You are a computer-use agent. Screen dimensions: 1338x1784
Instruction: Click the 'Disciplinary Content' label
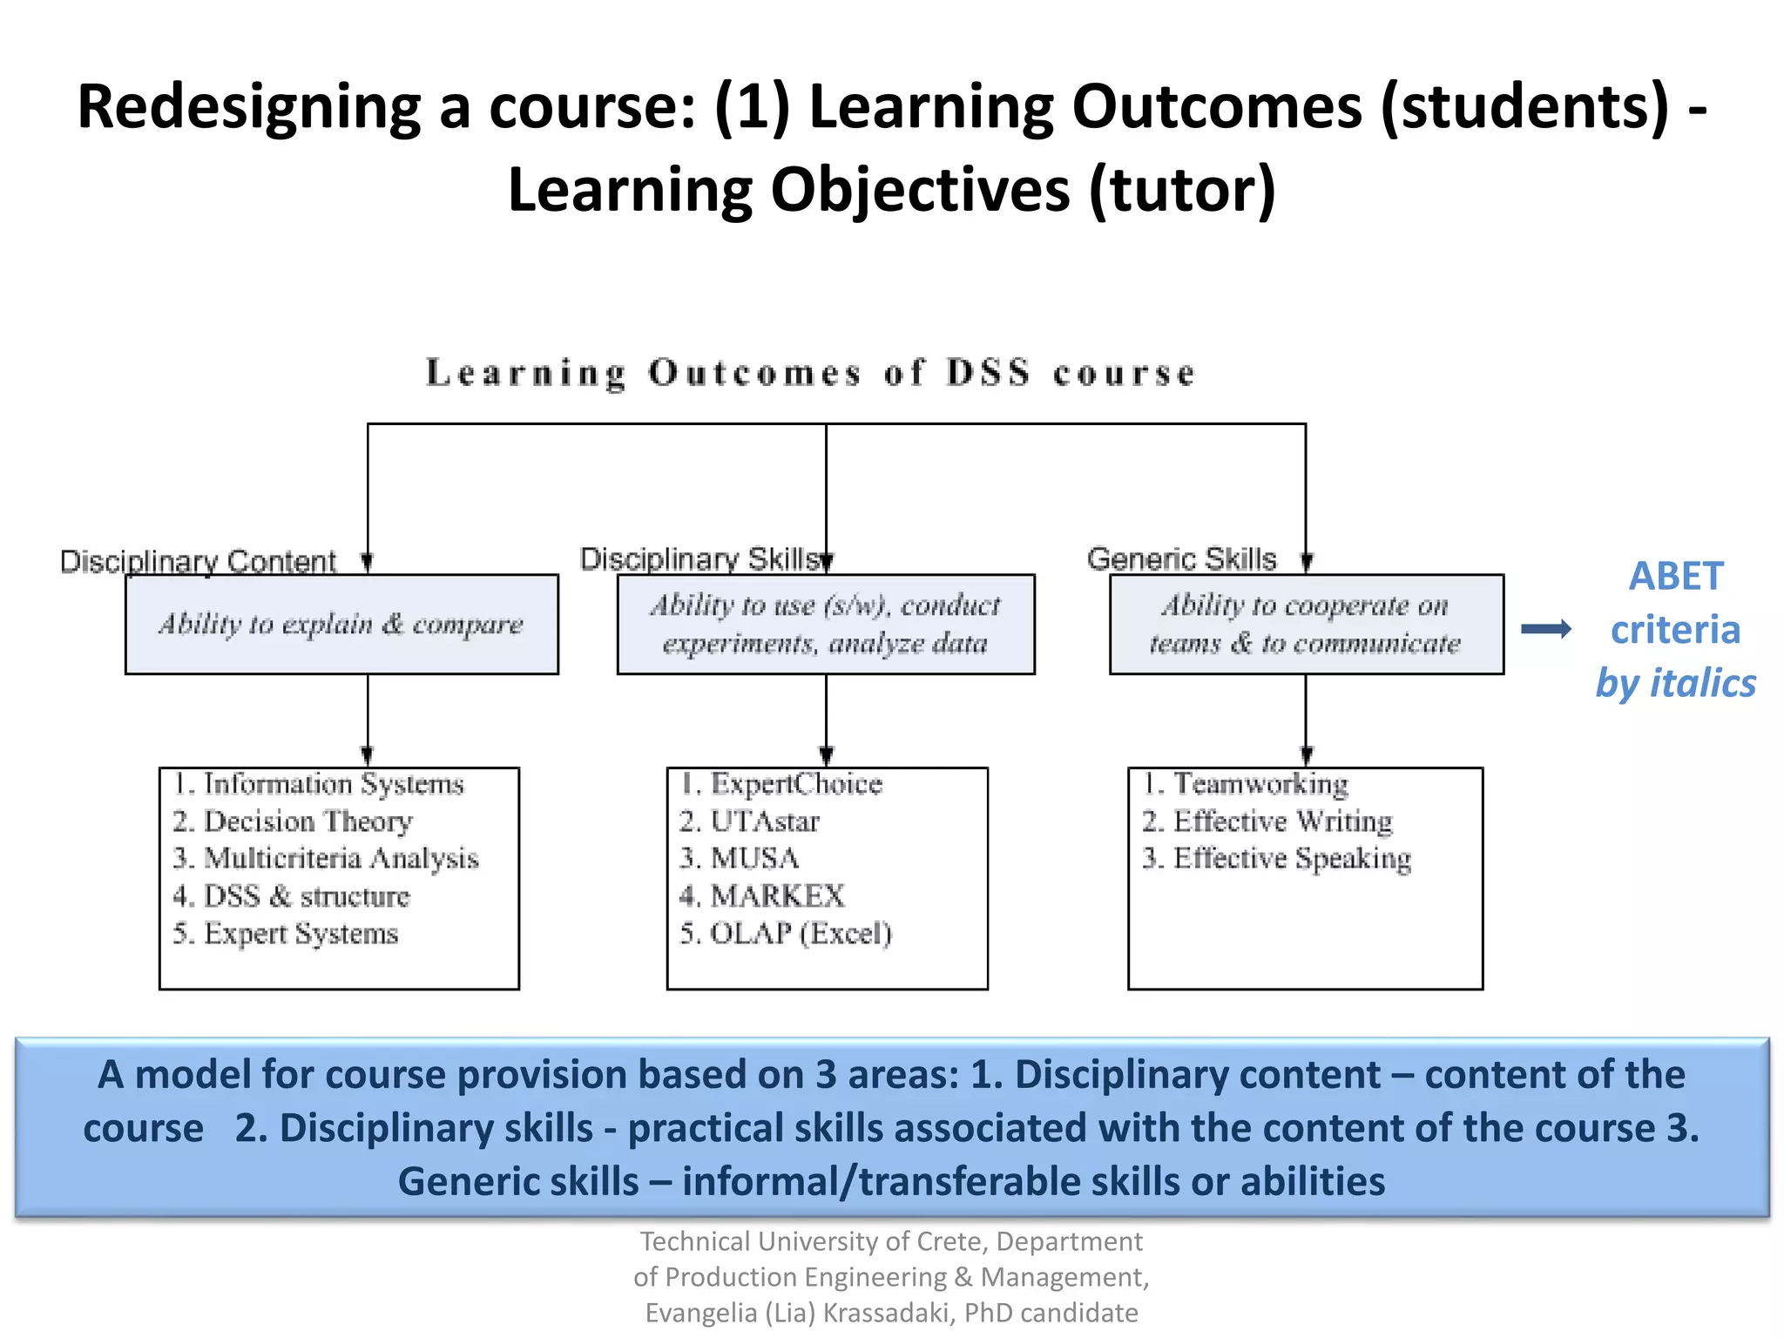(x=198, y=562)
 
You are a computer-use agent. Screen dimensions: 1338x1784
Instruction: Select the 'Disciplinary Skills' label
(x=700, y=559)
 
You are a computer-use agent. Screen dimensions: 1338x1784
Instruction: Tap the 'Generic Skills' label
(x=1181, y=558)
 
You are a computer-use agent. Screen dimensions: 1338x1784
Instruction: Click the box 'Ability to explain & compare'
(x=341, y=624)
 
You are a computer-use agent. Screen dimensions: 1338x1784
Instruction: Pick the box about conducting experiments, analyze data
(x=826, y=624)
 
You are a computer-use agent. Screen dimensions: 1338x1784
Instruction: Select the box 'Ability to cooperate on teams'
(x=1306, y=624)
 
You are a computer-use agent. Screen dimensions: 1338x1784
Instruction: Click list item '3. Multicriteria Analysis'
(x=326, y=859)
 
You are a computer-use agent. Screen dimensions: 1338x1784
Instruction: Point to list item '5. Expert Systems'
(x=286, y=934)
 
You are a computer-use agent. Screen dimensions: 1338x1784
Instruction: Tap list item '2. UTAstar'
(x=749, y=821)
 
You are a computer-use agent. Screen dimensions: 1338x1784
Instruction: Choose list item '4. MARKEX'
(x=762, y=896)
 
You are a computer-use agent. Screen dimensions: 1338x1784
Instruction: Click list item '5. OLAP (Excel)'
(x=786, y=934)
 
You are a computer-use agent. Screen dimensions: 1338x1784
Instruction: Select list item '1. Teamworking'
(x=1246, y=784)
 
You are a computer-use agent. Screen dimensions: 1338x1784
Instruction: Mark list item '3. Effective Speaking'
(x=1277, y=859)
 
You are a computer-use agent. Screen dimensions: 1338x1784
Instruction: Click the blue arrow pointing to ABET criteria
(x=1545, y=629)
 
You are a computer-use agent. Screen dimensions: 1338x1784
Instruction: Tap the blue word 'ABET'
(x=1675, y=577)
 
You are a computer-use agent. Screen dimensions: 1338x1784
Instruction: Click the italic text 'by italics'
(x=1675, y=683)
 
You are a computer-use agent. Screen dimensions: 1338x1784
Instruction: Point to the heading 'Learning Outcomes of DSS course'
(x=810, y=373)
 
